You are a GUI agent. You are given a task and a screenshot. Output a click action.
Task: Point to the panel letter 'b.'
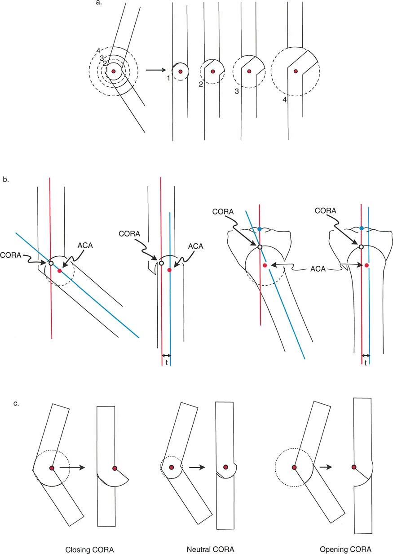click(x=6, y=179)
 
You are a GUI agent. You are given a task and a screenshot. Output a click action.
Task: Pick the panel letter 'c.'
click(x=17, y=403)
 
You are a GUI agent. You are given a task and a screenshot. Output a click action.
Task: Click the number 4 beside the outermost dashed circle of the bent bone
click(x=97, y=50)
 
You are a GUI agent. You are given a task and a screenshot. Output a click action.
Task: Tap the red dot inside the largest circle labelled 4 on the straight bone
click(x=295, y=71)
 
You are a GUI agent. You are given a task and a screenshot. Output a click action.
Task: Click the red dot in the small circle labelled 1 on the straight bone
click(x=180, y=71)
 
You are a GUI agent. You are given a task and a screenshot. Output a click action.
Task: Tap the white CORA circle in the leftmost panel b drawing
click(x=51, y=263)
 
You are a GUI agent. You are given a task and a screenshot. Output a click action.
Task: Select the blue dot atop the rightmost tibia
click(x=362, y=229)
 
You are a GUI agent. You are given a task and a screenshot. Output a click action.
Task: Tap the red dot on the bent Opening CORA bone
click(x=294, y=468)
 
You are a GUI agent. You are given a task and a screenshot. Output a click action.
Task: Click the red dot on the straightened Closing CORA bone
click(x=115, y=468)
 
